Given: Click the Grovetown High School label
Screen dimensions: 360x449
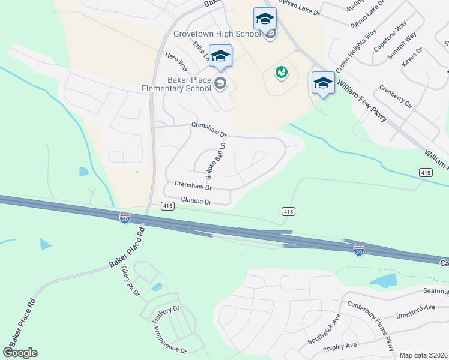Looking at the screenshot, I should [x=217, y=34].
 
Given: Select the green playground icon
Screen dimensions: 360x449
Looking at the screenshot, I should [x=280, y=73].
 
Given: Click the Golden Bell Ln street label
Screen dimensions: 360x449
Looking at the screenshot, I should [x=217, y=161].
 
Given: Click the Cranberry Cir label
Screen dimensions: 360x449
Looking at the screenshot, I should [x=396, y=97].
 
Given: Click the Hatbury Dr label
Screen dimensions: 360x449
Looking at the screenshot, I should [x=166, y=313].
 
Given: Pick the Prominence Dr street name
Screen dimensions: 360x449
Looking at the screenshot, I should [x=170, y=340].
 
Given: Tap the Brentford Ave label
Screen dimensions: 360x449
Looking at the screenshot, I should [x=415, y=311].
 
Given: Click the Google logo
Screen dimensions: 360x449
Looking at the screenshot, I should [x=20, y=353].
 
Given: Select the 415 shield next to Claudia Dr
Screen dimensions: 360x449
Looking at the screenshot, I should [x=167, y=206].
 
